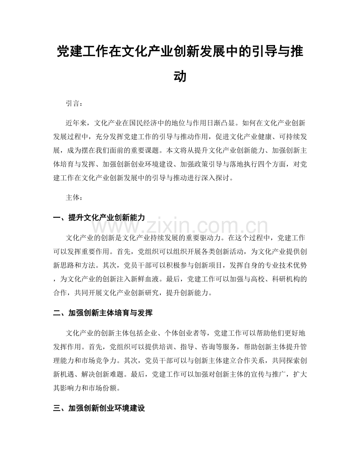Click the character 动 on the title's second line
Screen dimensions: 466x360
click(x=180, y=76)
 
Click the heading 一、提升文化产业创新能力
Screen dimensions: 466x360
click(x=99, y=218)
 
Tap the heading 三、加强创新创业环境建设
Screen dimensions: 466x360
click(x=99, y=408)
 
